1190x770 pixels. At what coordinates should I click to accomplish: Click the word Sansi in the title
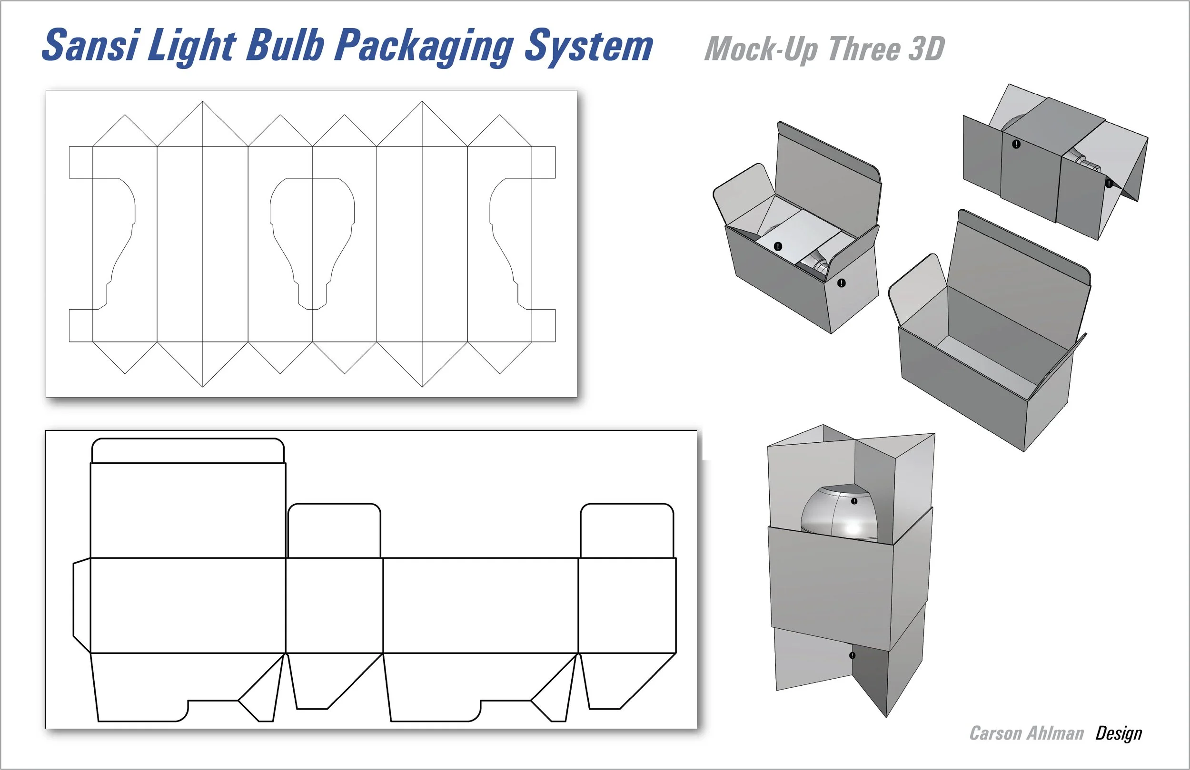90,46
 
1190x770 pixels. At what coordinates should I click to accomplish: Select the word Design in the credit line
1119,733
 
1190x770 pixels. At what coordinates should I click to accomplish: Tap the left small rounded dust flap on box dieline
334,531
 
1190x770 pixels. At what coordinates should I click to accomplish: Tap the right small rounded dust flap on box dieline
626,531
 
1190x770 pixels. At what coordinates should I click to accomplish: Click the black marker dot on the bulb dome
854,501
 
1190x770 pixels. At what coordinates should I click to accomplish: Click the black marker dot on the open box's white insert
778,246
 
